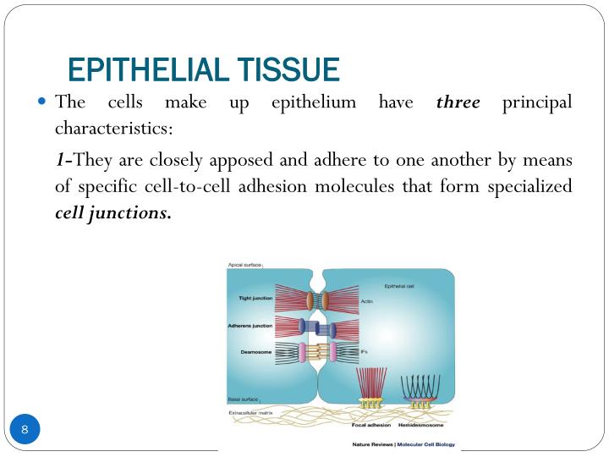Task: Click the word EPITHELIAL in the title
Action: click(138, 67)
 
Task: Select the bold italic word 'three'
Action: click(458, 103)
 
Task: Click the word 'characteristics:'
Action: click(113, 129)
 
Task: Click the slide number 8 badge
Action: click(25, 430)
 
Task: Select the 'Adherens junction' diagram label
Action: click(250, 325)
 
